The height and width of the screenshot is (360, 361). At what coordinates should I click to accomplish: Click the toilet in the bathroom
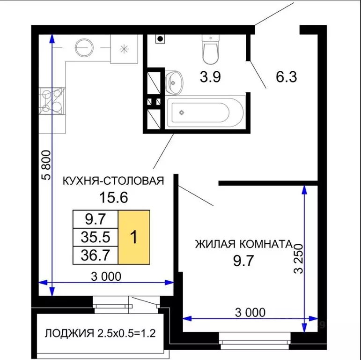[211, 50]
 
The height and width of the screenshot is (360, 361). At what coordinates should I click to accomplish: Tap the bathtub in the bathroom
[204, 112]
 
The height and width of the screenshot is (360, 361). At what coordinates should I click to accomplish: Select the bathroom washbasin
[174, 82]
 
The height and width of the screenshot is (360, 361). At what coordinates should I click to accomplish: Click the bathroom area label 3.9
[210, 77]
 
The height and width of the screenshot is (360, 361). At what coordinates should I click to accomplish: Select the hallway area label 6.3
[287, 77]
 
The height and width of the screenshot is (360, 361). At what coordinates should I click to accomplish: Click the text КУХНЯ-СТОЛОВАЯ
[113, 180]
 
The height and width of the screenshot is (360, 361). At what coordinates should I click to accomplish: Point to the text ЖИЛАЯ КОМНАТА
[243, 244]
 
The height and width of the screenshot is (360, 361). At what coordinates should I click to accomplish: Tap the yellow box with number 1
[134, 237]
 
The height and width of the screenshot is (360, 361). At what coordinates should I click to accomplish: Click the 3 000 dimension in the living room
[247, 312]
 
